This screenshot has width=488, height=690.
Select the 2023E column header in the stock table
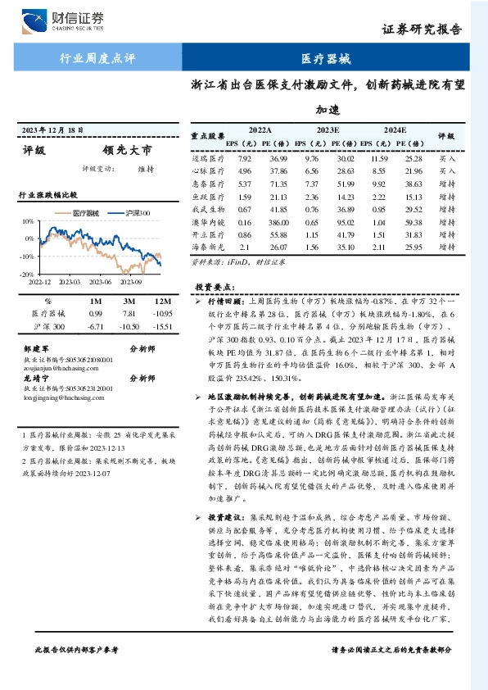click(x=327, y=130)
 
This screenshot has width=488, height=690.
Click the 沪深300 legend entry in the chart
click(x=133, y=213)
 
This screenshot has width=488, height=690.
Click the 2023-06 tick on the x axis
click(x=102, y=282)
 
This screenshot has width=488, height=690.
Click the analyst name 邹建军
click(x=37, y=347)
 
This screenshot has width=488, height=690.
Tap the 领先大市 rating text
click(x=127, y=151)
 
